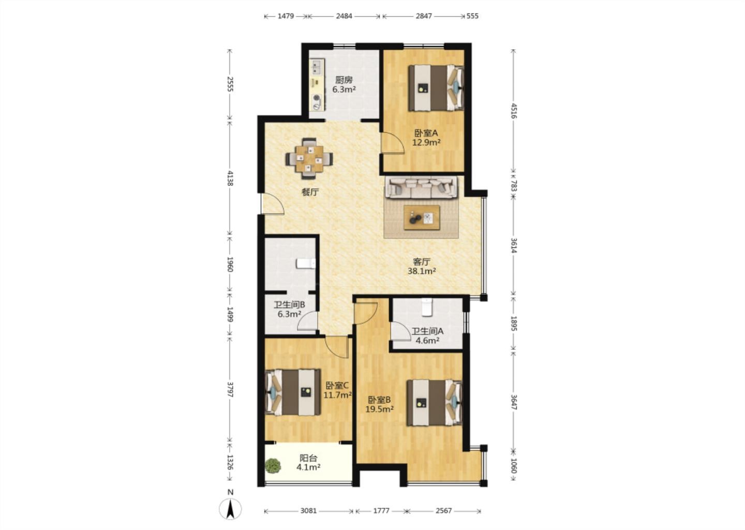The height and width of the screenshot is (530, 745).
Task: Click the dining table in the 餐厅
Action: tap(309, 159)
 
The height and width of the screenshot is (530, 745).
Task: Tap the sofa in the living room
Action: tap(421, 187)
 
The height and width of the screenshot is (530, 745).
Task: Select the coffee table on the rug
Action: tap(422, 217)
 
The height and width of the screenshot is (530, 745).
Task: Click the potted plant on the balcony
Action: tap(273, 466)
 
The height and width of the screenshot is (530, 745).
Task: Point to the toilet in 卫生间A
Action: tap(426, 307)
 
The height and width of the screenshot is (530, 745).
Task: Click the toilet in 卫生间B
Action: tap(306, 263)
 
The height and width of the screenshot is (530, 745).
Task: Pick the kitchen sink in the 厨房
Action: tap(84, 67)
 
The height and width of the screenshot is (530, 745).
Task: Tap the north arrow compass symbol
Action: tap(230, 508)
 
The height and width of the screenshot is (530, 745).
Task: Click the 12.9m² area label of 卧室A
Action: tap(426, 143)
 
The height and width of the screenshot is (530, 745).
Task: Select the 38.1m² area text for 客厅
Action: tap(422, 271)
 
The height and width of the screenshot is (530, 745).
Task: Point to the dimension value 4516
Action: tap(514, 111)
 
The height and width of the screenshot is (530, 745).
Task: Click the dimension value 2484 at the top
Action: tap(344, 16)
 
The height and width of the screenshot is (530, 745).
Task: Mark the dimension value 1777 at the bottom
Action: tap(381, 511)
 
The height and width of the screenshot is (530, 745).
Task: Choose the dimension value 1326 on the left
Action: tap(230, 463)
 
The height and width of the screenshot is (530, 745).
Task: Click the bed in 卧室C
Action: tap(293, 392)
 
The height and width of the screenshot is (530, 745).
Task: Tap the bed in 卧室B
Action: tap(435, 403)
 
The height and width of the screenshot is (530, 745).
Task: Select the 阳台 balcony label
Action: tap(308, 458)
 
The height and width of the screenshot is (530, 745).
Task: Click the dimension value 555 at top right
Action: tap(472, 16)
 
